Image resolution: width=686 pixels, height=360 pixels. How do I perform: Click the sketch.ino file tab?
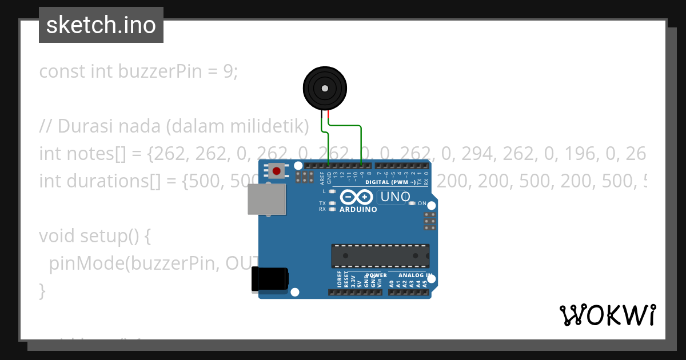click(101, 25)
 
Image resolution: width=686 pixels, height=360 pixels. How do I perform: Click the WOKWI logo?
click(607, 315)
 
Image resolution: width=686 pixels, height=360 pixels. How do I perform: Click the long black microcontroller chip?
click(380, 255)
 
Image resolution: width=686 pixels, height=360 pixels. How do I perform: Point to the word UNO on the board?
click(394, 197)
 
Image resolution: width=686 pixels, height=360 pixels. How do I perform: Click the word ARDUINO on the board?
click(358, 210)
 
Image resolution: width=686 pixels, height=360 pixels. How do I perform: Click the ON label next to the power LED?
click(422, 203)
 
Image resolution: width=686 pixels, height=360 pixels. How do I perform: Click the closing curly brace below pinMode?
click(42, 290)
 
